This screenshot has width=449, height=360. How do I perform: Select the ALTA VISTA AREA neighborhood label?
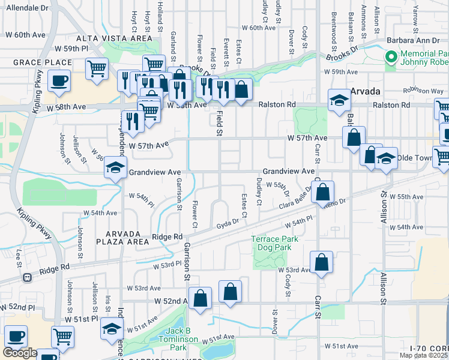point(124,38)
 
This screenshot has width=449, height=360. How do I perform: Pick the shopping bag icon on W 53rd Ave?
point(322,262)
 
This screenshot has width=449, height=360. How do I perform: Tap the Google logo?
point(20,353)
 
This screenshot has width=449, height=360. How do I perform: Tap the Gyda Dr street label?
point(228,221)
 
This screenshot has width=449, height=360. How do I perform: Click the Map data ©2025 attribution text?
point(424,355)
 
